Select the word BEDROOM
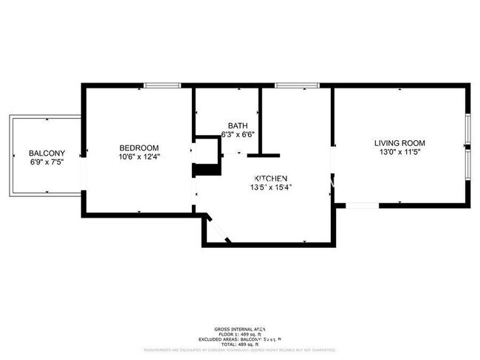click(x=139, y=148)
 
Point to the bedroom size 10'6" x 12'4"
click(x=139, y=156)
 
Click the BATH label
click(x=237, y=125)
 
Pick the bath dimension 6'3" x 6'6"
click(x=237, y=134)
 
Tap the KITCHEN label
click(x=270, y=179)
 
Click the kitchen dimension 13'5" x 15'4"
click(x=270, y=187)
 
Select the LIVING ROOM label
click(x=400, y=143)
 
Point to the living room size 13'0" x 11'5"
click(x=400, y=152)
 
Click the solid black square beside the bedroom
click(x=207, y=170)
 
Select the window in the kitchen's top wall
click(x=297, y=86)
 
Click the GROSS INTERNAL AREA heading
click(x=240, y=328)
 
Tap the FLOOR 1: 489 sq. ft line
click(x=240, y=334)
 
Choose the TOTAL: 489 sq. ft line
click(x=240, y=345)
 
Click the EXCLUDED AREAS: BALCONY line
click(x=240, y=339)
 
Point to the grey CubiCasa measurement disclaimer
click(x=240, y=350)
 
